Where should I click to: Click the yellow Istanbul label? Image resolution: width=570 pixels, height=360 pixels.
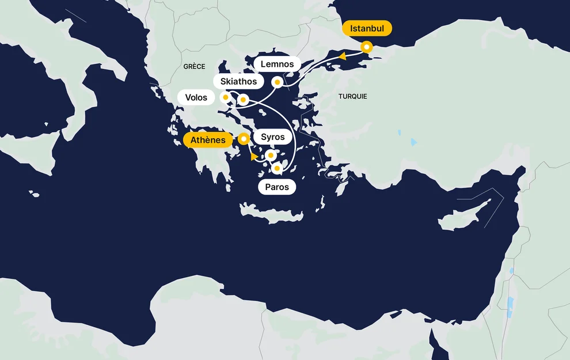367,28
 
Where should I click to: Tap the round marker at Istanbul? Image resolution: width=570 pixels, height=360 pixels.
366,47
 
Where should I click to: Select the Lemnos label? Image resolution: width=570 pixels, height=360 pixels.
277,64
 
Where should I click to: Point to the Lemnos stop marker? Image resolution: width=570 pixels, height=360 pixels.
277,82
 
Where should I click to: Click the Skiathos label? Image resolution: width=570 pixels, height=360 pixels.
238,81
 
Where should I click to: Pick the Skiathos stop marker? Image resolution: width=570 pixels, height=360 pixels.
243,100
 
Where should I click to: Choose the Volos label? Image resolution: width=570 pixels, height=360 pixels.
196,97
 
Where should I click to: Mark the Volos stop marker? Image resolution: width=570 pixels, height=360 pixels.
226,97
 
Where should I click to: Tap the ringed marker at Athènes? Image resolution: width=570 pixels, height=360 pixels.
244,138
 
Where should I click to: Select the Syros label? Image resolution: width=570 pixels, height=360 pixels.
272,137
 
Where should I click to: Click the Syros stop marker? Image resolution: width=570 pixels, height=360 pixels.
271,155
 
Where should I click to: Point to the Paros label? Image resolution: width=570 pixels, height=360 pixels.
276,187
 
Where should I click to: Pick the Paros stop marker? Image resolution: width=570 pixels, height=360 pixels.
277,168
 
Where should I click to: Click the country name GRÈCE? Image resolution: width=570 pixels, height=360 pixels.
194,67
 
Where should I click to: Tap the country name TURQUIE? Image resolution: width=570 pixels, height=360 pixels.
353,96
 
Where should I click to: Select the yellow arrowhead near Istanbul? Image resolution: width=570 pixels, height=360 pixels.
341,56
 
